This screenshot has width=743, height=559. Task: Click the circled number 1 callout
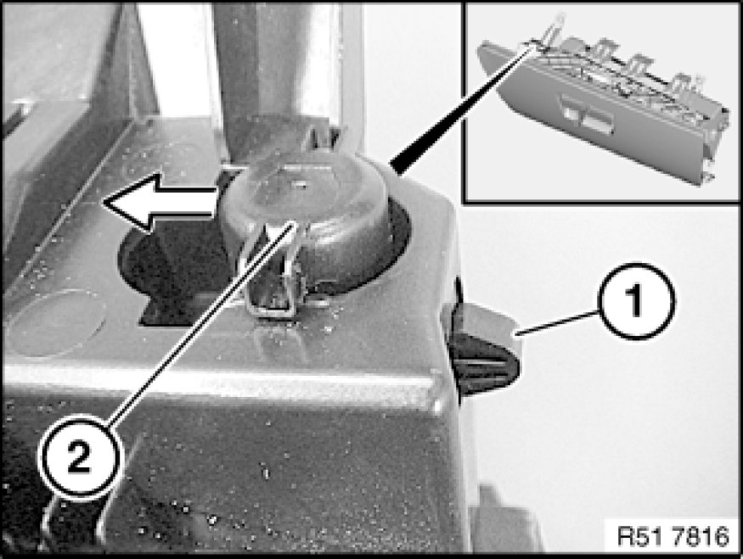point(637,300)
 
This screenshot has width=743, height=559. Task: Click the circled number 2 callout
point(79,457)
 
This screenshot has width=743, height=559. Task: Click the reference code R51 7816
point(673,536)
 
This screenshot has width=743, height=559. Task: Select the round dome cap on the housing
point(303,209)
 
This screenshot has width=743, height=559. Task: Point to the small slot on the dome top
point(298,181)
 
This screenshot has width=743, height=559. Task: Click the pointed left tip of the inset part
point(480,46)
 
